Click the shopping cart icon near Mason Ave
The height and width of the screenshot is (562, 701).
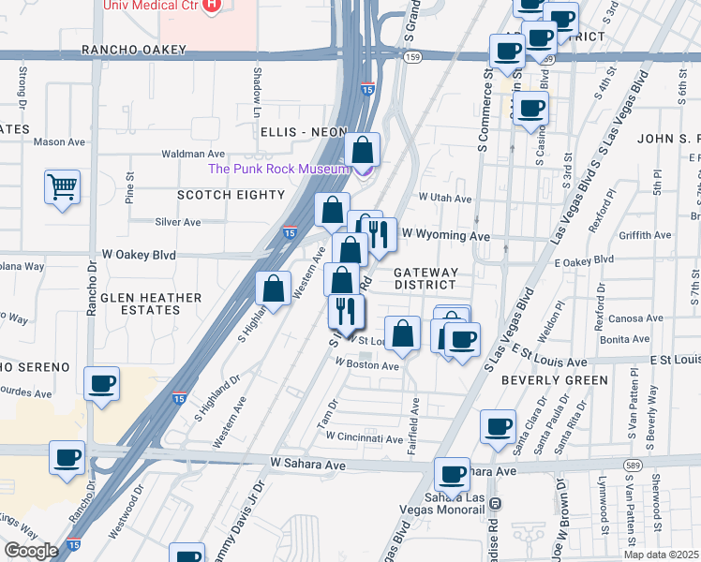click(x=61, y=186)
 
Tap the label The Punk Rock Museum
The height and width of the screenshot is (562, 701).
click(x=277, y=169)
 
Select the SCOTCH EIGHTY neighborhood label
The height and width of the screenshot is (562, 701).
click(x=231, y=195)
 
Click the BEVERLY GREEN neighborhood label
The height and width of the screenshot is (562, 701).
click(x=554, y=380)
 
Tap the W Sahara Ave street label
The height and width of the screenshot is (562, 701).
click(x=308, y=464)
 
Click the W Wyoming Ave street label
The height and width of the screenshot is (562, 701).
click(x=446, y=234)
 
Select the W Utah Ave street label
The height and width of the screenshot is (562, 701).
click(x=445, y=199)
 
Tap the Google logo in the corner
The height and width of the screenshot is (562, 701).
click(x=31, y=551)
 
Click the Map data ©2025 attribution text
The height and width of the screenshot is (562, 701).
click(x=661, y=555)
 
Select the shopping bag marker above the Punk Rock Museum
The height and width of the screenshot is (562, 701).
click(x=362, y=149)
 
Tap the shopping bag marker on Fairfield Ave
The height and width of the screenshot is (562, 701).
click(x=402, y=333)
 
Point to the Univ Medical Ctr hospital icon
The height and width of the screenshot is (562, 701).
click(x=212, y=5)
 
